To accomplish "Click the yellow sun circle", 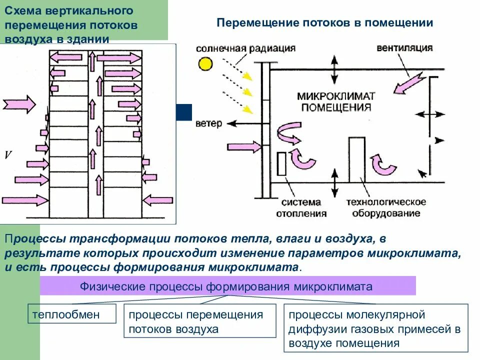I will pyautogui.click(x=204, y=64).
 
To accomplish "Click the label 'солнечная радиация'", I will pyautogui.click(x=245, y=48).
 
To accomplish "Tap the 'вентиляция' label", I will pyautogui.click(x=404, y=48).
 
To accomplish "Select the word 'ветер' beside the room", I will pyautogui.click(x=208, y=123).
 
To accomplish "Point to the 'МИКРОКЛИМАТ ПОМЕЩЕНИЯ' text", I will pyautogui.click(x=336, y=101).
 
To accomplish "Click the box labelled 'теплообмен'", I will pyautogui.click(x=72, y=315).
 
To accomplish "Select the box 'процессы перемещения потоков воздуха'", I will pyautogui.click(x=199, y=322).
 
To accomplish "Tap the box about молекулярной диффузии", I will pyautogui.click(x=376, y=328).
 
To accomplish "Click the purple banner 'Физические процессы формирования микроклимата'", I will pyautogui.click(x=227, y=287).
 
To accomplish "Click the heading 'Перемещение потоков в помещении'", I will pyautogui.click(x=324, y=23).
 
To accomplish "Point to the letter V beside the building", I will pyautogui.click(x=8, y=155).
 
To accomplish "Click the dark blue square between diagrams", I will pyautogui.click(x=184, y=112).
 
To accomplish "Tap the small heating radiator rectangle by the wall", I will pyautogui.click(x=281, y=163).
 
